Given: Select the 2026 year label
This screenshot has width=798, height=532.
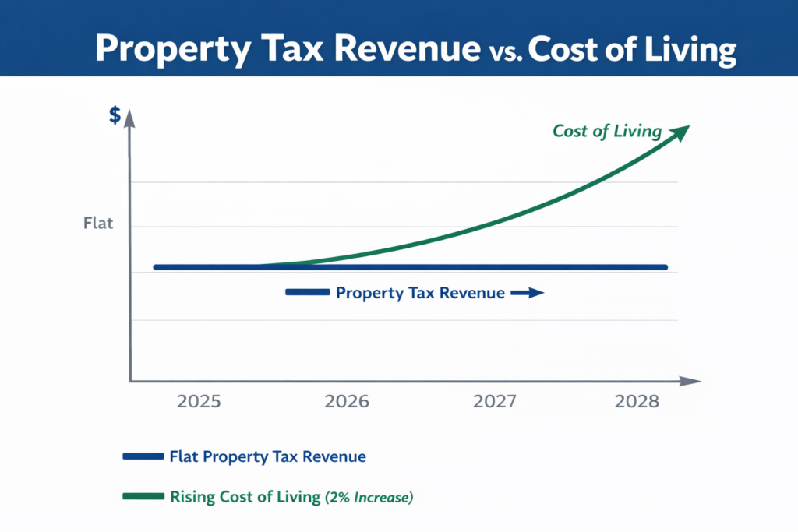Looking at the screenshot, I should pos(346,403).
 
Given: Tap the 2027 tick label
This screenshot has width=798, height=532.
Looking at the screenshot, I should pos(495,403).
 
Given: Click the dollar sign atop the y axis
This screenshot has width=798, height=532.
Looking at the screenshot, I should pos(115,116).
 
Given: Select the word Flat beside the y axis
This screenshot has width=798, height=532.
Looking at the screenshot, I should pos(98,224).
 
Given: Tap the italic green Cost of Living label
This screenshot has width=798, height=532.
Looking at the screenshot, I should pos(606,131).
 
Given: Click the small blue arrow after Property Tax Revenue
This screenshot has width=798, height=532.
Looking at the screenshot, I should pos(527,294).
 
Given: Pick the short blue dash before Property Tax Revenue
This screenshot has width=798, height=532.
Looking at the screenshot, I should pos(307,293).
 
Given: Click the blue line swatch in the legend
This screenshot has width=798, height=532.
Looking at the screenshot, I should pos(143,457).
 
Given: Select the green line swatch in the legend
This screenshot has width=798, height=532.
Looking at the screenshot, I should pos(143,496).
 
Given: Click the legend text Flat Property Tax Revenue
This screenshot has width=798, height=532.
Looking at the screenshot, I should pos(267,457).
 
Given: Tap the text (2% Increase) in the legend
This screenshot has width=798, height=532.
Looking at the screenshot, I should pos(368,497).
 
